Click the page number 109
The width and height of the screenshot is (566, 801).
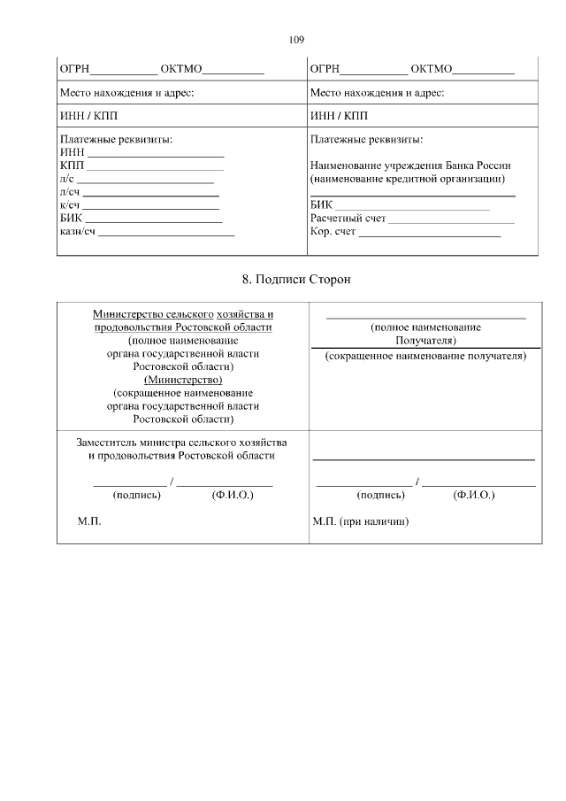[x=296, y=40]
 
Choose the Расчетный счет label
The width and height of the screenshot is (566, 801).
[x=348, y=219]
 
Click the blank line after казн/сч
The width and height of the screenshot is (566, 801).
[x=166, y=235]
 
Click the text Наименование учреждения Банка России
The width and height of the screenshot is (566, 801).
[x=410, y=165]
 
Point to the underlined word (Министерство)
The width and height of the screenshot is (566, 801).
[x=183, y=380]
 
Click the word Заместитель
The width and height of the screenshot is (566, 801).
[x=105, y=441]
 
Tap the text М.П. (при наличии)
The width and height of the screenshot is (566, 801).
[x=360, y=522]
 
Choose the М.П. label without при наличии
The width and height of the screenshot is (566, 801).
[x=90, y=522]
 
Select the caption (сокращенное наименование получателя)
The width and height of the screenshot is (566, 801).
[x=425, y=356]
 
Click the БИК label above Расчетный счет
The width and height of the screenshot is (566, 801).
[x=321, y=205]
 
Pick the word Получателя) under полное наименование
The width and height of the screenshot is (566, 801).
[x=425, y=340]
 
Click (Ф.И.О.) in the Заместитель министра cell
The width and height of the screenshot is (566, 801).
[x=233, y=496]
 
